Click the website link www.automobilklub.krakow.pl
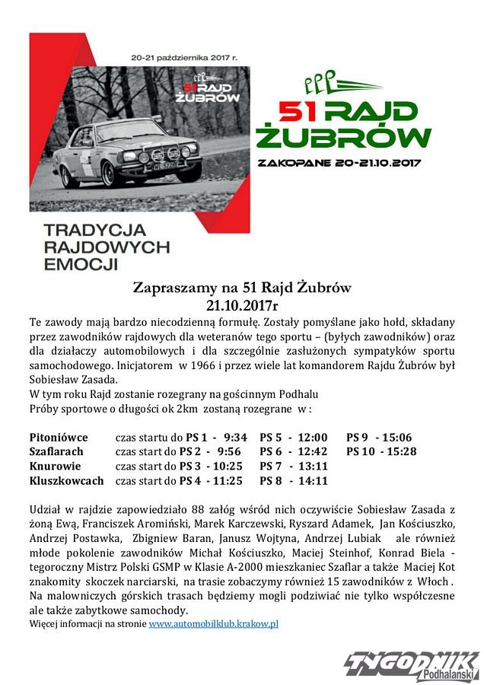214,623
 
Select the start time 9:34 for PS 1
236,437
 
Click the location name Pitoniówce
59,437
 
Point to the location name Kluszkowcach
66,480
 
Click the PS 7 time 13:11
313,466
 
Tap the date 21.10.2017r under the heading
242,304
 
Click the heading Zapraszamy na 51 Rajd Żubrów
242,288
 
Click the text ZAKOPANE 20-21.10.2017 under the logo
339,162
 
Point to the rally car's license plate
166,164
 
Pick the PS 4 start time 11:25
228,480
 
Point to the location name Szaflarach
56,451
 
